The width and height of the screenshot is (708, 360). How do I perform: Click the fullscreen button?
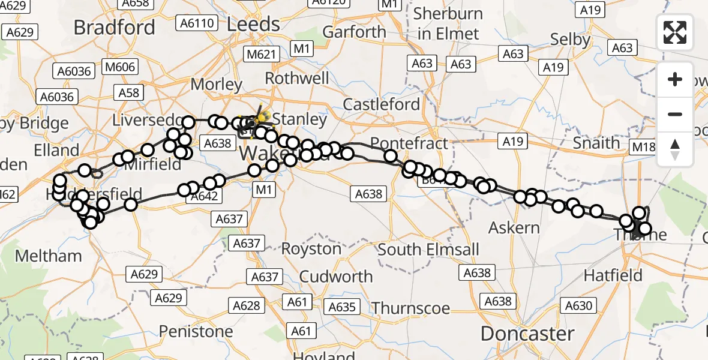tap(675, 32)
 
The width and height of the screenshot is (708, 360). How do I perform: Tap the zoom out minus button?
tap(675, 114)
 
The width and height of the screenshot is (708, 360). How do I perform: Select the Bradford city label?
tap(114, 27)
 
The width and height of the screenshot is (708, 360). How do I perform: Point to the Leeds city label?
tap(253, 24)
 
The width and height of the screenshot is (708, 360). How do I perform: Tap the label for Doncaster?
tap(527, 334)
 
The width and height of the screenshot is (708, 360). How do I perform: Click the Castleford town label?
tap(382, 104)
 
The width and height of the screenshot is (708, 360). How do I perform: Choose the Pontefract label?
tap(409, 144)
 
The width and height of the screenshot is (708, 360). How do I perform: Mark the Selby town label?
tap(571, 40)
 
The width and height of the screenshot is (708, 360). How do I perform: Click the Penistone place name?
tap(196, 331)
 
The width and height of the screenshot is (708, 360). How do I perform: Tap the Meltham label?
tap(48, 256)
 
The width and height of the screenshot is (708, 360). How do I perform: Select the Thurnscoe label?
tap(410, 308)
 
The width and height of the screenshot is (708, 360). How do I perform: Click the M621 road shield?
tap(262, 55)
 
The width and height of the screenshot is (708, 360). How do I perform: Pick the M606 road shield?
tap(120, 67)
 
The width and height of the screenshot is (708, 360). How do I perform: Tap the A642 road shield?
tap(204, 196)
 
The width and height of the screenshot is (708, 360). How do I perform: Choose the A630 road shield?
tap(578, 306)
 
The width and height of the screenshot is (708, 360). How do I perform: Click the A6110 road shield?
tap(196, 23)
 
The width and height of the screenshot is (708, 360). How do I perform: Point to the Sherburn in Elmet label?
tap(449, 23)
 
